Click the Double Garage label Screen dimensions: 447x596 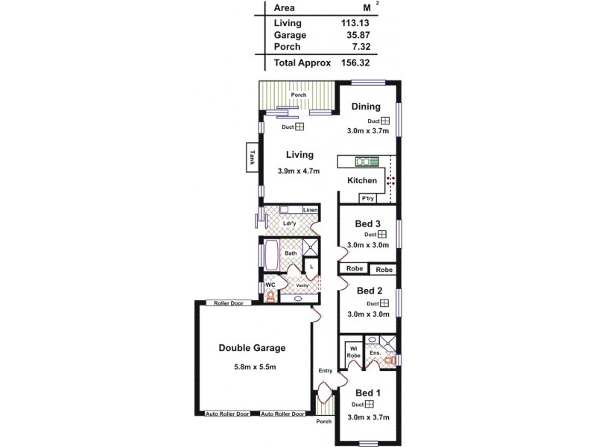pos(252,348)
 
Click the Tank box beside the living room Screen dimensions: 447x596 pos(253,157)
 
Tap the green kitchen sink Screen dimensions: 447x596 pos(367,161)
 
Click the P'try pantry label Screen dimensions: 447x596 pos(367,198)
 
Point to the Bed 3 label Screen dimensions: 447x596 pos(368,223)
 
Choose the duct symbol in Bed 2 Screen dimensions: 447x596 pos(384,303)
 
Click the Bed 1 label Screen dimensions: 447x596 pos(368,393)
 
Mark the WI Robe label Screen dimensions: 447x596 pos(352,352)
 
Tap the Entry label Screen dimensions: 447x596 pos(325,370)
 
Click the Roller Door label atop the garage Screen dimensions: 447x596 pos(229,303)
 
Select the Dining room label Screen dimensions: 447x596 pos(366,106)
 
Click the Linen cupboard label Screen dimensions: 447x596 pos(311,211)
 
